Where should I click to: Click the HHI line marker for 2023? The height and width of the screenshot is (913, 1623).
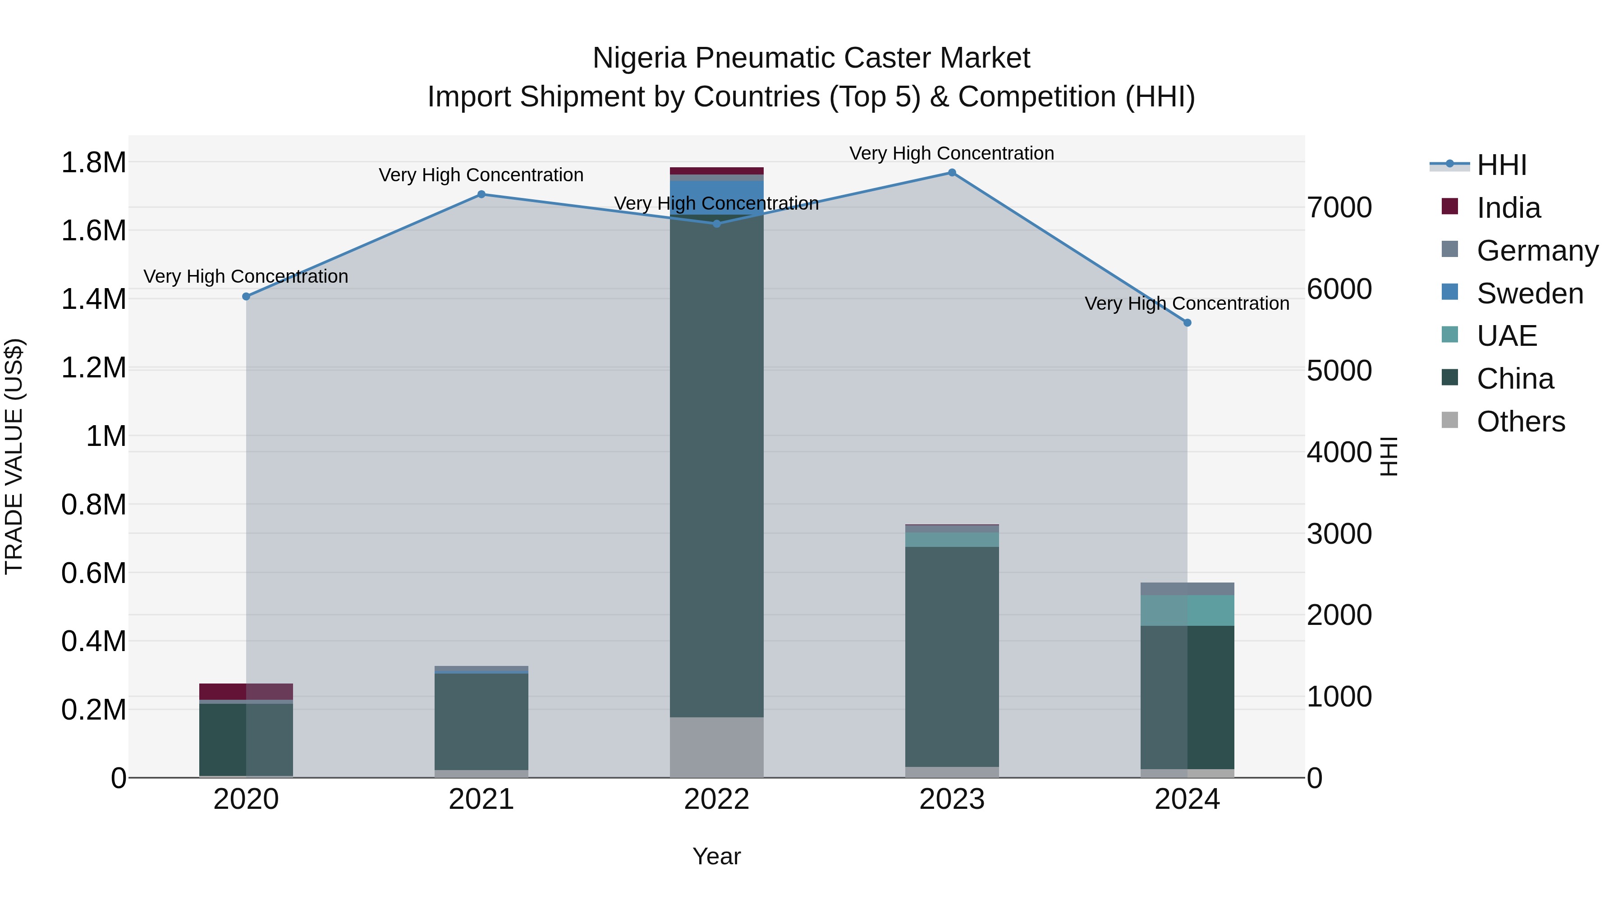point(952,173)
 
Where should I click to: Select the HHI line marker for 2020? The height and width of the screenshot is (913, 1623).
point(246,296)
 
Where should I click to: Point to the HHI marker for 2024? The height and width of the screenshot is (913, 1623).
point(1187,323)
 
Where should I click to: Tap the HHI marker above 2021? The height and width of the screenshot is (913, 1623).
point(481,194)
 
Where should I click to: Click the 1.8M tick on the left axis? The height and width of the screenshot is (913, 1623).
point(93,163)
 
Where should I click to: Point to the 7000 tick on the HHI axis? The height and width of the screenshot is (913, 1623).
point(1339,207)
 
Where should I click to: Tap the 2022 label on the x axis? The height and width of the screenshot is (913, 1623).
point(716,799)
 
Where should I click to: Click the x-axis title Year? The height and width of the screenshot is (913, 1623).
point(716,856)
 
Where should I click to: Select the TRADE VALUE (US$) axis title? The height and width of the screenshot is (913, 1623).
point(14,456)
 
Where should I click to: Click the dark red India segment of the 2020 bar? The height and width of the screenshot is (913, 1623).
point(246,691)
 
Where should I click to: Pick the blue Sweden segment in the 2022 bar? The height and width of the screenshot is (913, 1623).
point(716,197)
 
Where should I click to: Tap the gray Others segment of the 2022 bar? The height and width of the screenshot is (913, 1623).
point(716,747)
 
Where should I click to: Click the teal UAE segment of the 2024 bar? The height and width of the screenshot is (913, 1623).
point(1187,610)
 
